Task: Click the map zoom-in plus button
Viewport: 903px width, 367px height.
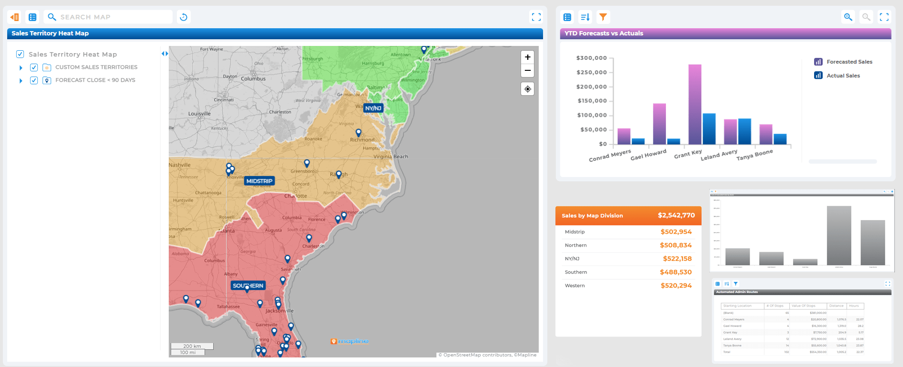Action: [527, 57]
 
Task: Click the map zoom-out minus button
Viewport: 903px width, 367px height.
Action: [527, 70]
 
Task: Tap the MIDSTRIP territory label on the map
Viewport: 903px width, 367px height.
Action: [259, 181]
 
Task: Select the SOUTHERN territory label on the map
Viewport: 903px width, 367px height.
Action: [248, 286]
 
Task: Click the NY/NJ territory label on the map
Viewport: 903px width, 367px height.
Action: [373, 108]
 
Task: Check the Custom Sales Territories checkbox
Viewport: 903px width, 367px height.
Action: [34, 67]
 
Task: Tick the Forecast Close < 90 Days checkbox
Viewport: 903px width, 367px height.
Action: [34, 80]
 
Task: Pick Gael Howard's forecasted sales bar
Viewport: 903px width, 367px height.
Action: [659, 124]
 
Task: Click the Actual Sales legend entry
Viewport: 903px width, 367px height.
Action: [843, 76]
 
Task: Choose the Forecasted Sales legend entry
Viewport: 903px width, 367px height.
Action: [849, 62]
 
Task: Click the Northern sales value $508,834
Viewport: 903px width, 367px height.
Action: [675, 245]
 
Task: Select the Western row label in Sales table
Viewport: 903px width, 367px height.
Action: [575, 286]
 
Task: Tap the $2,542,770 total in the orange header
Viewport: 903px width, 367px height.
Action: [676, 215]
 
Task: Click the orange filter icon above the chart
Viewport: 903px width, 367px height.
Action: [603, 17]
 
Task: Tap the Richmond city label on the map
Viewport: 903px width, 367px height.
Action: [362, 140]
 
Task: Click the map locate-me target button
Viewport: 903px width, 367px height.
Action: [527, 89]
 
